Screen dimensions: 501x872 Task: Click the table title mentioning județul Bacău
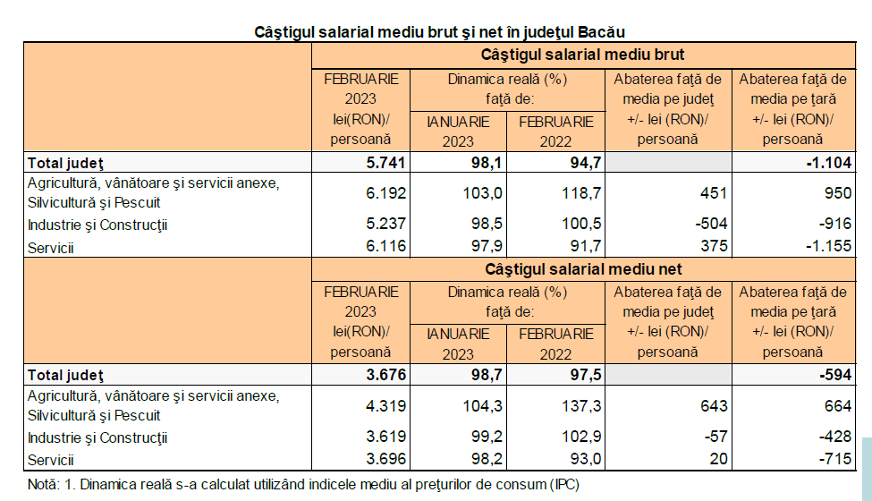[x=440, y=32]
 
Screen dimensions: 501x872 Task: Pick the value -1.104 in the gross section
[x=821, y=163]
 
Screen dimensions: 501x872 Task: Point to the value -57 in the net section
[x=708, y=438]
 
